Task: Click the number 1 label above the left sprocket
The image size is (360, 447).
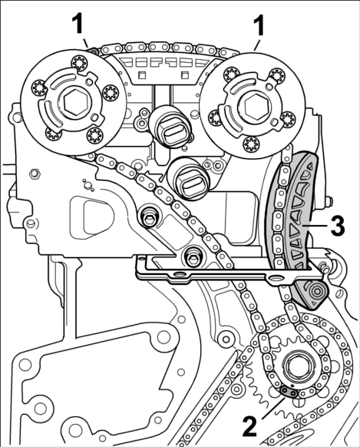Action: point(78,25)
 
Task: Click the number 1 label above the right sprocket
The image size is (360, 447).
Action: point(259,25)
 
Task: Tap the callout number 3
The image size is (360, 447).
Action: point(338,226)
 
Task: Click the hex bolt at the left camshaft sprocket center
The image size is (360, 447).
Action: point(75,103)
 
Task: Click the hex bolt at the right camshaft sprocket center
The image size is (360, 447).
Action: point(256,108)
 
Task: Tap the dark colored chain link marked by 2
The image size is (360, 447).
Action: point(289,392)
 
